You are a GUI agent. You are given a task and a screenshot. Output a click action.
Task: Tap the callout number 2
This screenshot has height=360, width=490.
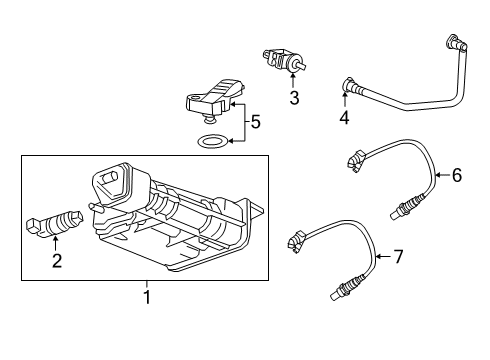(57, 262)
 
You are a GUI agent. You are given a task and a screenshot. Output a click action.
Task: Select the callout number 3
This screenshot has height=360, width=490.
(293, 97)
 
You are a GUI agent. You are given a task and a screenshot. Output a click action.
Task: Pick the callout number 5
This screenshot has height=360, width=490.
(255, 122)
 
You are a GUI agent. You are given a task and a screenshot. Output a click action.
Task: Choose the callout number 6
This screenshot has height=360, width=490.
(456, 175)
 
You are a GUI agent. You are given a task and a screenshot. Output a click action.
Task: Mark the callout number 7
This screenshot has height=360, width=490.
(397, 258)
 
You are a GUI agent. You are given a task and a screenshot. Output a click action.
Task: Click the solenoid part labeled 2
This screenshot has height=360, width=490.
(59, 222)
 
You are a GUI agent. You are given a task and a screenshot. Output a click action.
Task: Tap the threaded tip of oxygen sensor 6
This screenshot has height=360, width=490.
(399, 209)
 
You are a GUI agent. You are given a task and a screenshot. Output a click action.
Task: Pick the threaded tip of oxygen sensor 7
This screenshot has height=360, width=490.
(337, 293)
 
